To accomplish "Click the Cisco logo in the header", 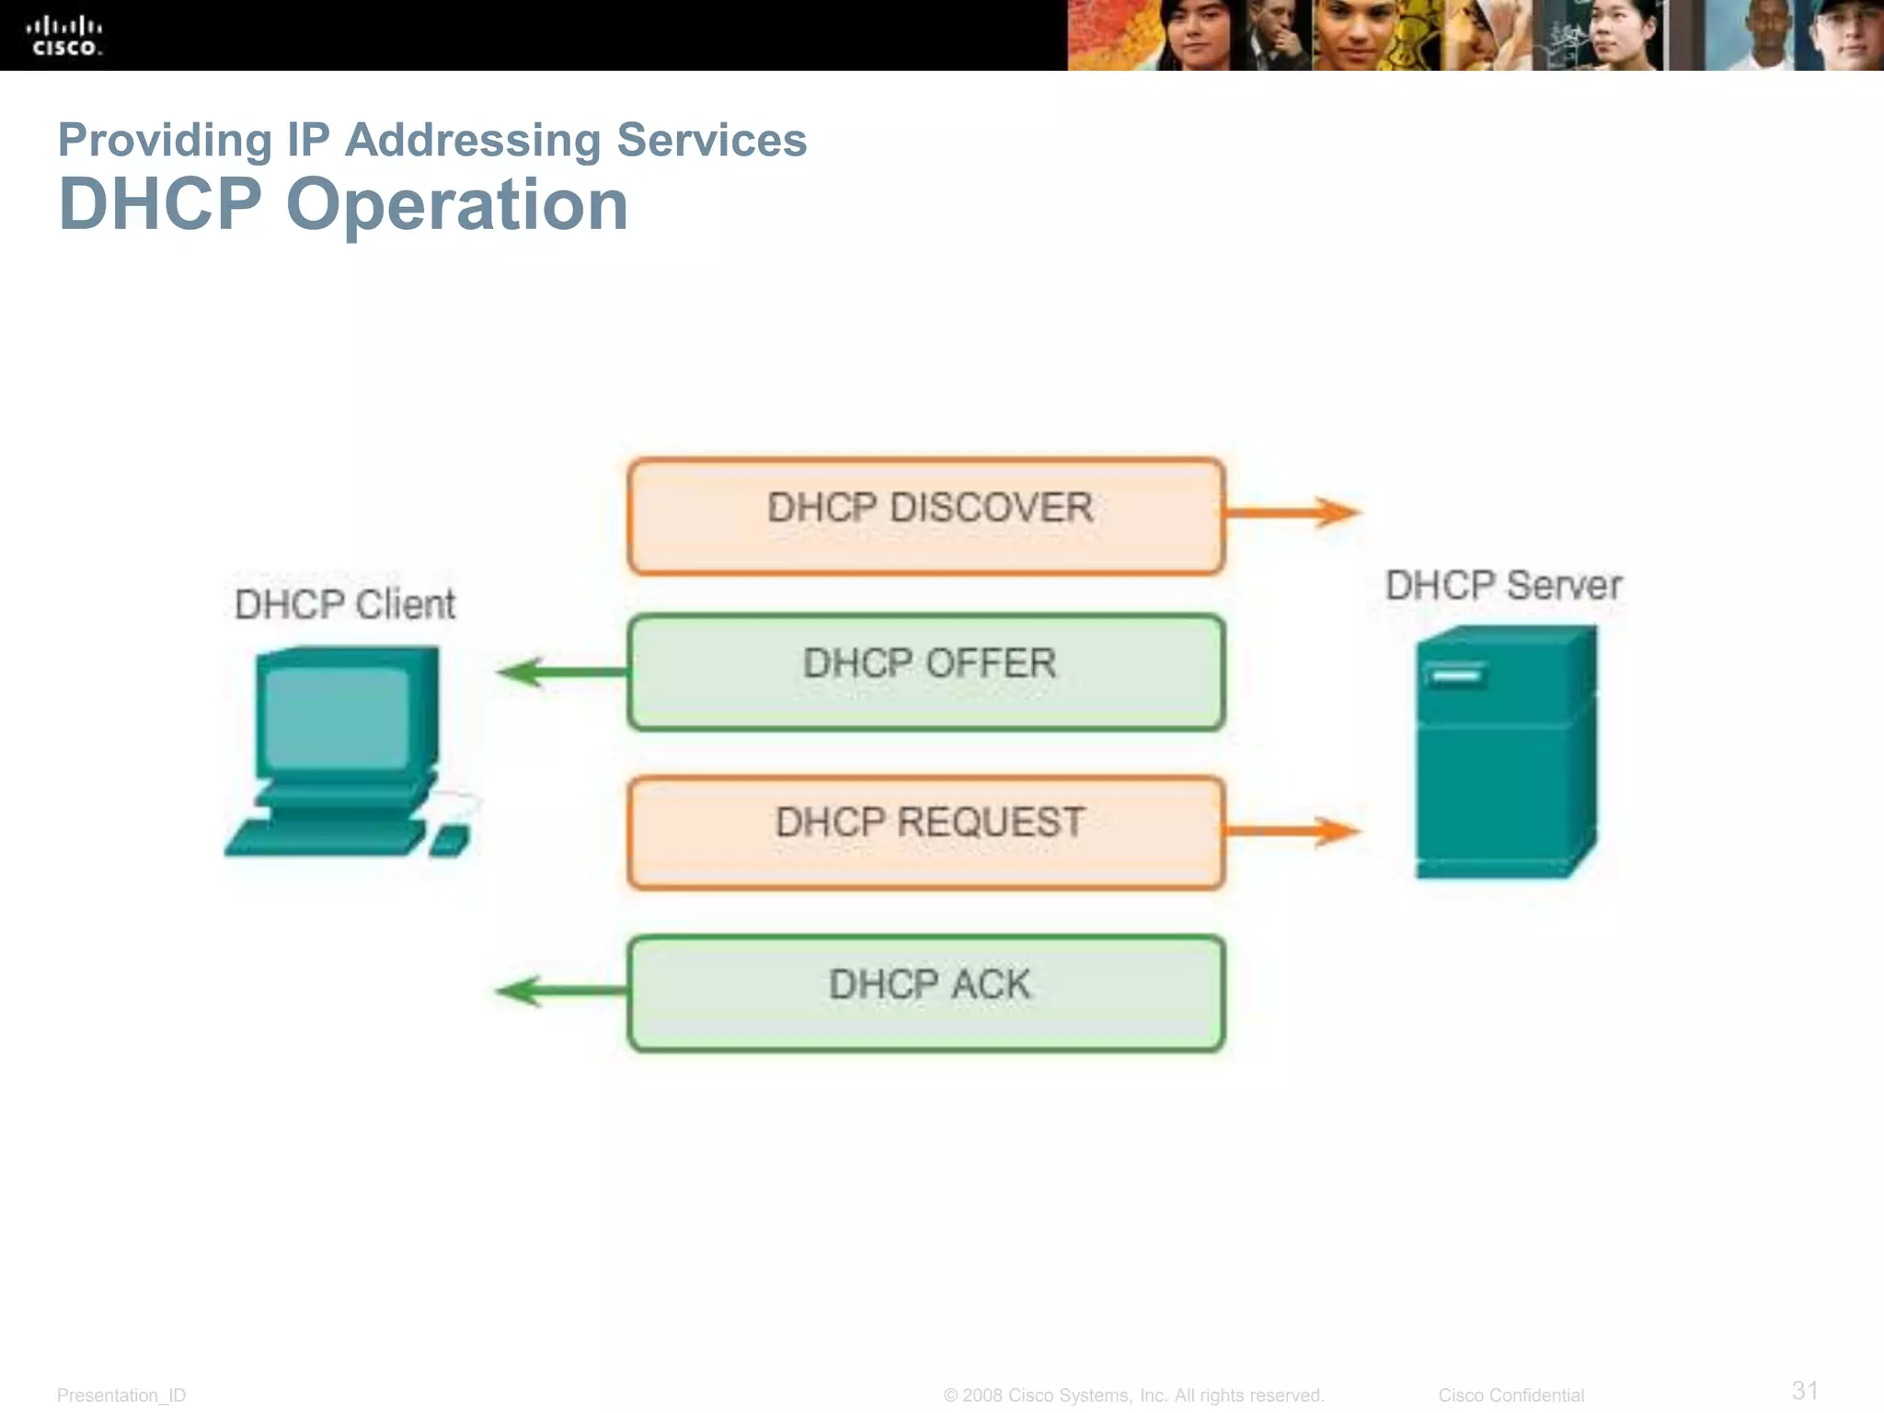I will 64,35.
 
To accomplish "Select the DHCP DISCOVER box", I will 926,516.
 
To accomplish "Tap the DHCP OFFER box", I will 926,672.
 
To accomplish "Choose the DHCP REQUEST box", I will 926,833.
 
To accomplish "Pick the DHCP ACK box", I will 926,993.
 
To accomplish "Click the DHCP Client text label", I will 345,604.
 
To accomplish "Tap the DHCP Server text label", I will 1503,586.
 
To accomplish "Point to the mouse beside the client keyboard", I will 450,840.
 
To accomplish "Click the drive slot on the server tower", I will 1455,676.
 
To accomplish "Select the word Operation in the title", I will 457,204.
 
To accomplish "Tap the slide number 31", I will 1805,1390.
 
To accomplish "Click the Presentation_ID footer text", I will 121,1396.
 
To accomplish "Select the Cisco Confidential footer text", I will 1511,1396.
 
